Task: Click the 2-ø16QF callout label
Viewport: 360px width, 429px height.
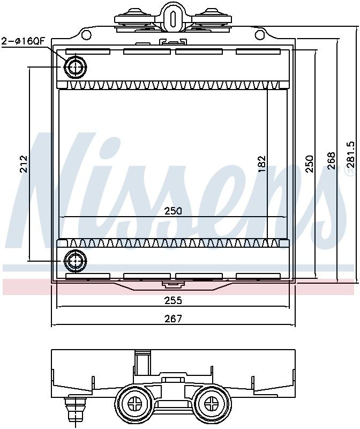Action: pyautogui.click(x=22, y=41)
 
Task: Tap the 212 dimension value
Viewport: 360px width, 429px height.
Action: pyautogui.click(x=24, y=164)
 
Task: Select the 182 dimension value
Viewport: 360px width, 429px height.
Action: pyautogui.click(x=261, y=164)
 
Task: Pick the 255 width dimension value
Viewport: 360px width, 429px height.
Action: pyautogui.click(x=173, y=300)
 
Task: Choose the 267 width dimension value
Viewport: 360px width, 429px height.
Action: pyautogui.click(x=173, y=319)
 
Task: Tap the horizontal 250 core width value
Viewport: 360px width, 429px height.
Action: pyautogui.click(x=173, y=211)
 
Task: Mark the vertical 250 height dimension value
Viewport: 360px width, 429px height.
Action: pyautogui.click(x=309, y=164)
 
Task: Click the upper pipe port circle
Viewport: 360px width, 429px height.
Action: pyautogui.click(x=75, y=67)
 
